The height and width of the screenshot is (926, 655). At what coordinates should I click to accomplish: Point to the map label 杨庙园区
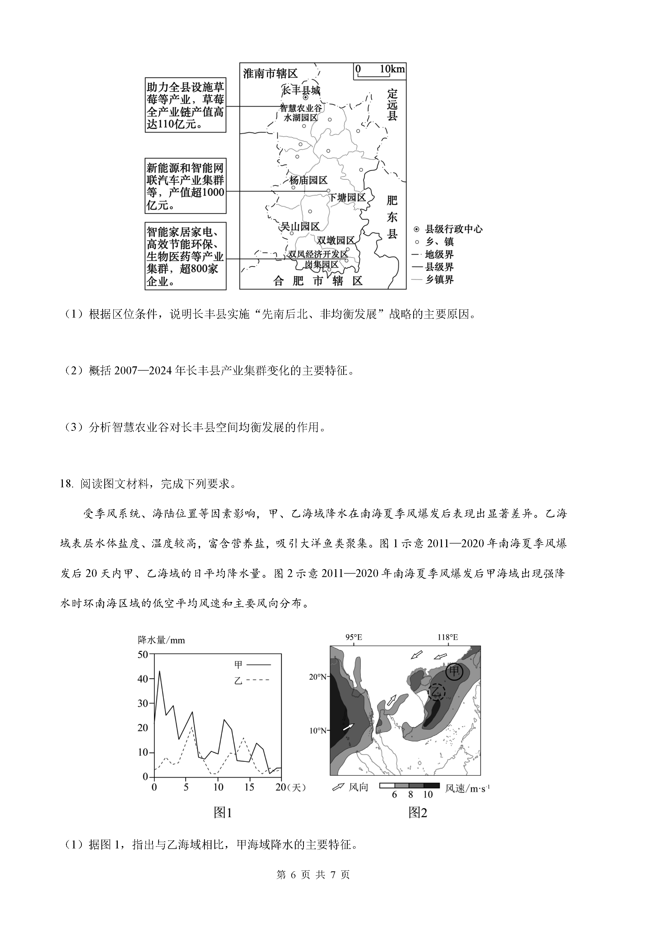(x=308, y=180)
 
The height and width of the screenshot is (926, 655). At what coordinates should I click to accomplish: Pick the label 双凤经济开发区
(x=318, y=254)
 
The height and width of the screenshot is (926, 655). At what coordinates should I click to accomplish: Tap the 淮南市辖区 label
(x=270, y=73)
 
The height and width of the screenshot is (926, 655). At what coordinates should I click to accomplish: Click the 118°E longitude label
(x=448, y=638)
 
